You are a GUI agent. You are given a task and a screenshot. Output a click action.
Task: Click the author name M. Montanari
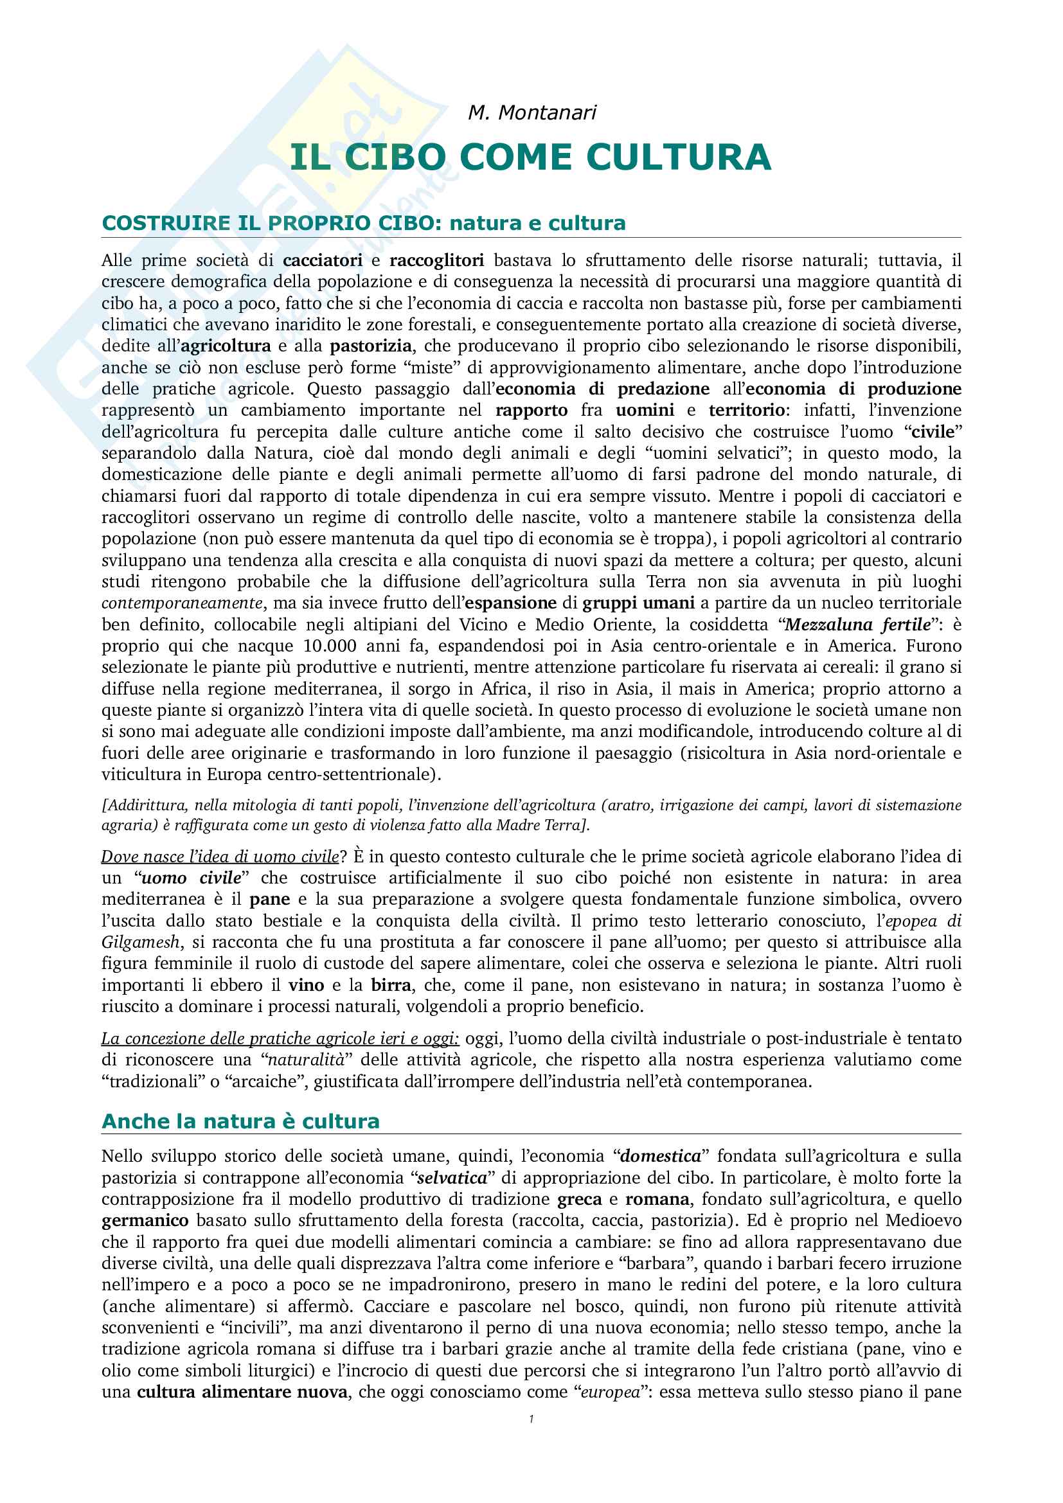(531, 112)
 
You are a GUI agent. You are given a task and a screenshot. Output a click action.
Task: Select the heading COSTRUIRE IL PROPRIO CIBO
(265, 223)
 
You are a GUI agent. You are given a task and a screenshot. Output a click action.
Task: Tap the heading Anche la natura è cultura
(240, 1121)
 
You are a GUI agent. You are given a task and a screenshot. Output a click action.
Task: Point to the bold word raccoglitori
(436, 260)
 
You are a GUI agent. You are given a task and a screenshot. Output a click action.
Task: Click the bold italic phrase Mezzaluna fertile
(857, 625)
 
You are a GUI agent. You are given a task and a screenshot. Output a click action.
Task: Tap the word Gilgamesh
(140, 942)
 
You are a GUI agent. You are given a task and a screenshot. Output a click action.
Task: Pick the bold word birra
(391, 984)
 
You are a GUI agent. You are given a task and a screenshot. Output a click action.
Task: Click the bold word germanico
(145, 1220)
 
